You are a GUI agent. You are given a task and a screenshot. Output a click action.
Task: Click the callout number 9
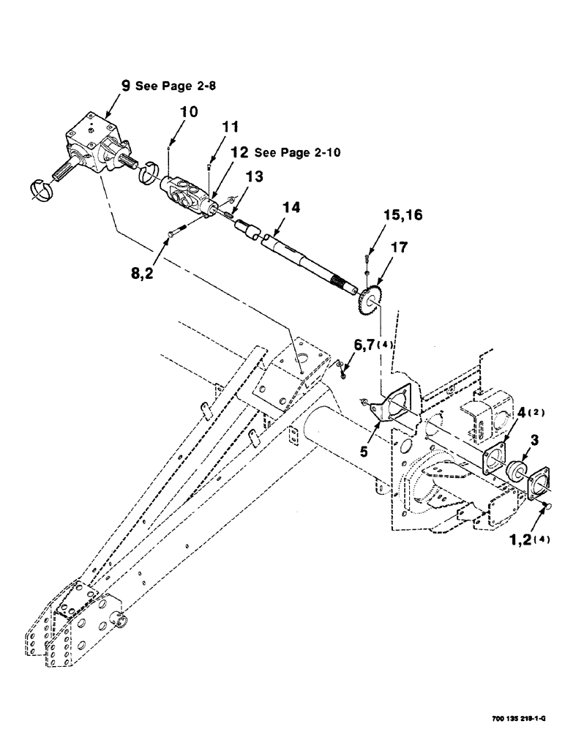tap(126, 86)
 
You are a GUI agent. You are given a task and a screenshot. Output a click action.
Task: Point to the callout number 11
tap(230, 127)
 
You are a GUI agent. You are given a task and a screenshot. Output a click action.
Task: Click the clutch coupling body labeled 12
tap(187, 193)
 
